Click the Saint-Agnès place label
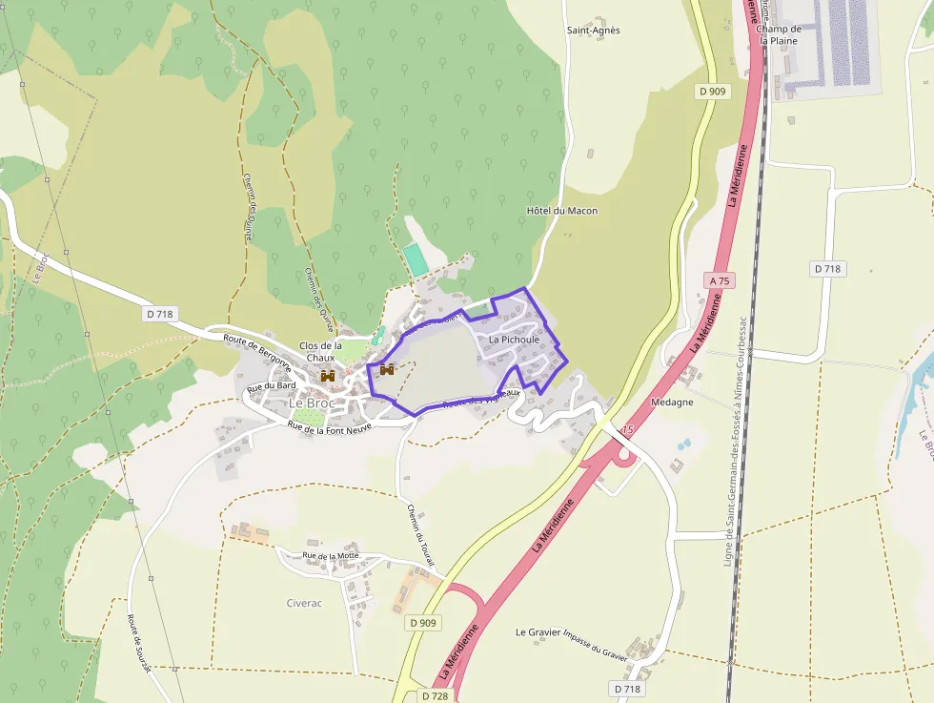(593, 31)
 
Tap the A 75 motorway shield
(720, 280)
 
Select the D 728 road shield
(434, 696)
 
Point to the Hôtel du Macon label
(562, 211)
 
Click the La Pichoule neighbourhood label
(514, 340)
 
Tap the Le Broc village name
(310, 403)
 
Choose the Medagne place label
(672, 403)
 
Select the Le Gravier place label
(538, 632)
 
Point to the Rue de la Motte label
(329, 556)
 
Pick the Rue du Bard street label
(272, 387)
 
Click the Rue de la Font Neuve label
(328, 424)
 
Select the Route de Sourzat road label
(139, 643)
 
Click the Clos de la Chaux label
(320, 351)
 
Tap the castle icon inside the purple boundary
(387, 369)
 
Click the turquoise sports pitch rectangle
(415, 258)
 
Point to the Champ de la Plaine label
(780, 35)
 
